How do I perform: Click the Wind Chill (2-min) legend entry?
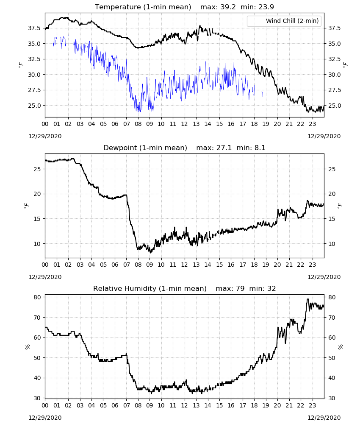click(284, 21)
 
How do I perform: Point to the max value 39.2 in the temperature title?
click(228, 7)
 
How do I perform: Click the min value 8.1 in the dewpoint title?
click(260, 148)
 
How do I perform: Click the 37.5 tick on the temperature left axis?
click(34, 28)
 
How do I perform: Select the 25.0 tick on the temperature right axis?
click(334, 106)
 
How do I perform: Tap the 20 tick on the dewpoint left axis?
click(37, 194)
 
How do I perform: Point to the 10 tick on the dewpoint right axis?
click(332, 244)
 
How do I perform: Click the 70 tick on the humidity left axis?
click(37, 318)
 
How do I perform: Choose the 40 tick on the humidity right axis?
click(332, 378)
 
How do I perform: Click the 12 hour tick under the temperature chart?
click(185, 124)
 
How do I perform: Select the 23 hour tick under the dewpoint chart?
click(313, 265)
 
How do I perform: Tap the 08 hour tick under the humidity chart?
click(138, 405)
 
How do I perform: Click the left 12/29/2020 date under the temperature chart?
click(45, 136)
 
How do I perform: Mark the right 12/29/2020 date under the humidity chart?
click(324, 418)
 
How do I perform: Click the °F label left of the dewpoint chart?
click(26, 206)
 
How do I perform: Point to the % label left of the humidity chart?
click(27, 347)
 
